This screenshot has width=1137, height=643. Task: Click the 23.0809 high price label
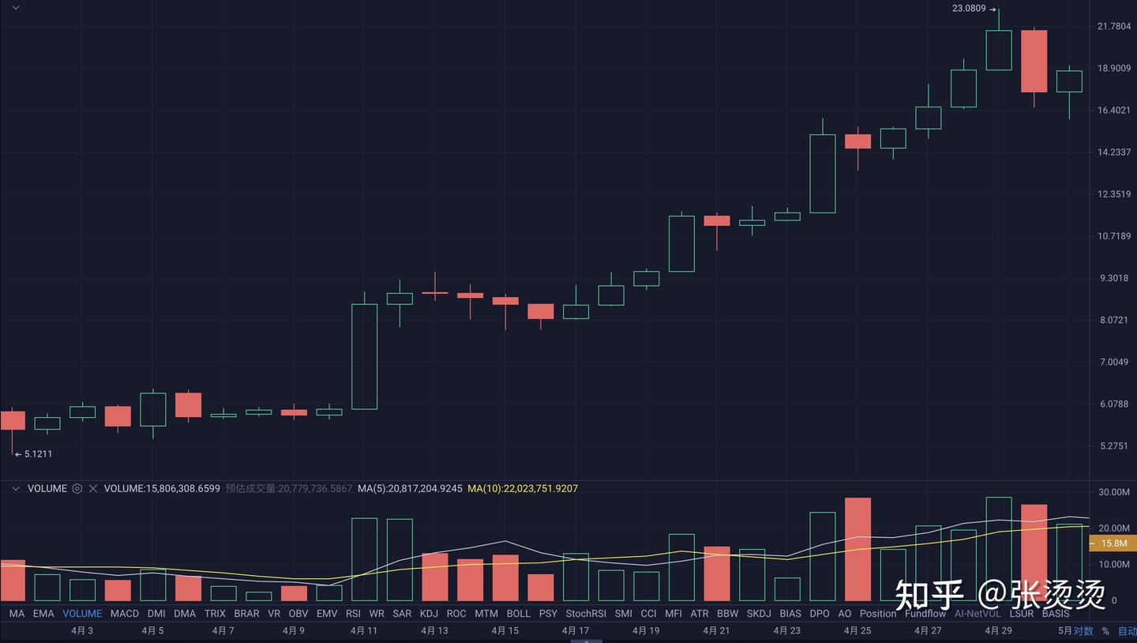(969, 9)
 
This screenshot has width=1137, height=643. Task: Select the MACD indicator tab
(125, 614)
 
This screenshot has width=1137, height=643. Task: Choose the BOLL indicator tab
(518, 614)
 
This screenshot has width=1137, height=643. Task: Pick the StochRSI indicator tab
(585, 614)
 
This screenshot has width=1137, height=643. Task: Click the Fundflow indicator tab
(925, 614)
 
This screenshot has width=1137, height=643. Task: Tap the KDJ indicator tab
(429, 614)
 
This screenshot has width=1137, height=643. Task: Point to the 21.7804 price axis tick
(1114, 27)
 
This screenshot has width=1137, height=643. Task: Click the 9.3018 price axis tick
(1113, 278)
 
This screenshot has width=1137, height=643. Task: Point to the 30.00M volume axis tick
(1113, 492)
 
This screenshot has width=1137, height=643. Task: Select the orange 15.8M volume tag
(1113, 543)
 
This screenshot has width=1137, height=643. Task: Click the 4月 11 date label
(363, 630)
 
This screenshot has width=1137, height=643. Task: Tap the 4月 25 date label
(857, 630)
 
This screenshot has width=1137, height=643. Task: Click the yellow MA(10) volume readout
(523, 489)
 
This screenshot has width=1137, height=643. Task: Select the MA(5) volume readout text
(410, 489)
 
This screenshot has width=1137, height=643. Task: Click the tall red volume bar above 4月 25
(857, 549)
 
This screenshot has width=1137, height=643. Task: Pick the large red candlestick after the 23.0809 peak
(1034, 62)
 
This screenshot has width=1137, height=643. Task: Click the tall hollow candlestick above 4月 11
(364, 357)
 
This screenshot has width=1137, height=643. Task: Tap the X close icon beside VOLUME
(93, 489)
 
